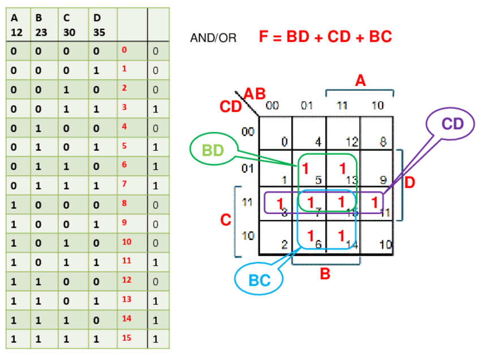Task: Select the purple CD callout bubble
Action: (x=452, y=125)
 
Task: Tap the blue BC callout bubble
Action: (x=259, y=280)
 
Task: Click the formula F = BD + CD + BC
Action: (x=325, y=37)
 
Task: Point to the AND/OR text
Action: (x=213, y=38)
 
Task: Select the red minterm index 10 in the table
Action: (x=126, y=242)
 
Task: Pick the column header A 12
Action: (x=16, y=25)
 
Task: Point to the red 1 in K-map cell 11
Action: (x=374, y=202)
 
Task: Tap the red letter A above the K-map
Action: (x=360, y=82)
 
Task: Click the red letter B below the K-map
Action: (x=325, y=275)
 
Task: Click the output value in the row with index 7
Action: (x=156, y=185)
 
